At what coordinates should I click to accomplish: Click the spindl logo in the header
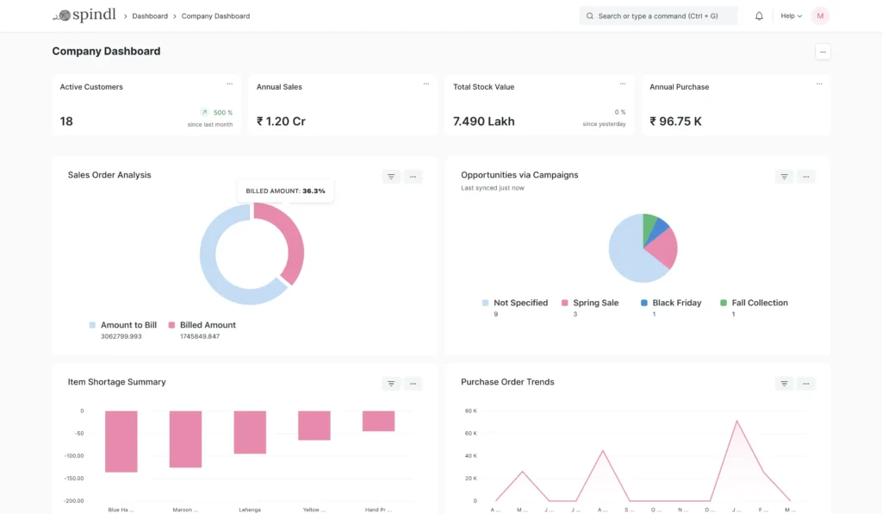coord(84,16)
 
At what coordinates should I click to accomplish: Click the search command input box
coord(659,16)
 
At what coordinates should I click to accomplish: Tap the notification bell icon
coord(759,16)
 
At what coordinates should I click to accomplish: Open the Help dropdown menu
coord(791,16)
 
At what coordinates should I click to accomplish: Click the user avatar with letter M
coord(820,16)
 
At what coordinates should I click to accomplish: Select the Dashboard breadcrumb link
coord(150,16)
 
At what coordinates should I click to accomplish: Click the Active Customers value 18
coord(66,122)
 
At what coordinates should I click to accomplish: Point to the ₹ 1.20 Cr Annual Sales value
coord(281,122)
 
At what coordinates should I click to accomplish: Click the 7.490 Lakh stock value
coord(483,122)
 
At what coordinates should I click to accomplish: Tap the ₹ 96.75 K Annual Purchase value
coord(675,122)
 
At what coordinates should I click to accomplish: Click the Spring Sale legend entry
coord(595,303)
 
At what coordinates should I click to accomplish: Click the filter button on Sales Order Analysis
coord(391,177)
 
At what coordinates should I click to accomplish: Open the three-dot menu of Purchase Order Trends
coord(805,384)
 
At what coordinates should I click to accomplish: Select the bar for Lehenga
coord(250,432)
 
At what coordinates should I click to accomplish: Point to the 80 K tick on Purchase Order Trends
coord(470,411)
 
